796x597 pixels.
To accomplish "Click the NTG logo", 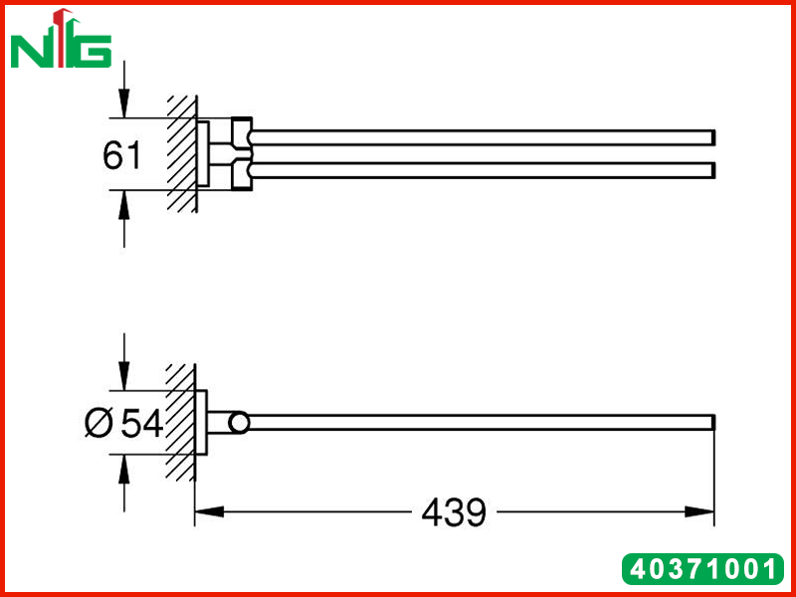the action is pos(61,39).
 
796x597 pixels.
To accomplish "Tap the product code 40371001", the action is pos(703,569).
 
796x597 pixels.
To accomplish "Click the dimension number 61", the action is pos(121,155).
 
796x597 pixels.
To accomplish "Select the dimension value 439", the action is pos(454,512).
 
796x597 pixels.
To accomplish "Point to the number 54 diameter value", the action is pos(142,424).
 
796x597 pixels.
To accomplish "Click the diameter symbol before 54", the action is pos(99,424).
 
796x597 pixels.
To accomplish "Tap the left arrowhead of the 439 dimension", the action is pos(209,511).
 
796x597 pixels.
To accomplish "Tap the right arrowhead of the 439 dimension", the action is pos(699,511).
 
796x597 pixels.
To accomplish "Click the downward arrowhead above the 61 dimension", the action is pos(123,103).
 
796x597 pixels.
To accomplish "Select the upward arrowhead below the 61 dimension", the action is pos(123,205).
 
